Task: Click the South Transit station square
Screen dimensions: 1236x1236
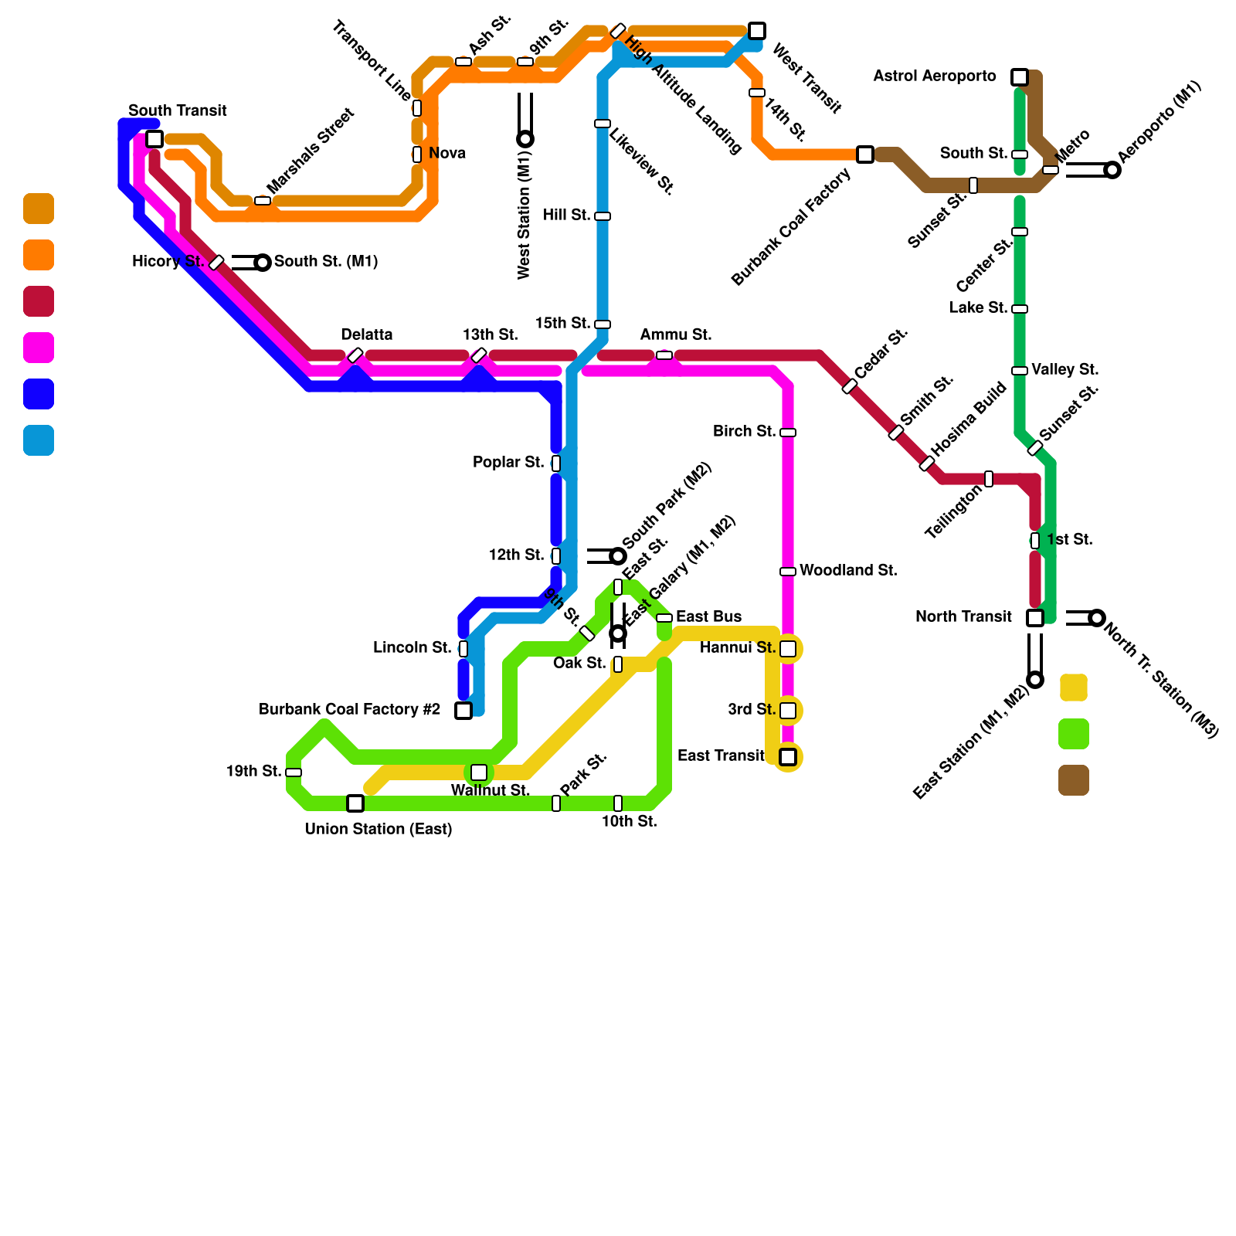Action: click(154, 139)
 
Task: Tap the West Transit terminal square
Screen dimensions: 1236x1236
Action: click(757, 31)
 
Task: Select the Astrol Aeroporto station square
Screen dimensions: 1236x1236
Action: click(1020, 77)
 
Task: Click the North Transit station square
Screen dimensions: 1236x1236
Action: click(1035, 618)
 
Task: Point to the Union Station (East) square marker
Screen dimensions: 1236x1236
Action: click(355, 803)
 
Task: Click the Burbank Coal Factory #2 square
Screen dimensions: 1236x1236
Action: click(463, 711)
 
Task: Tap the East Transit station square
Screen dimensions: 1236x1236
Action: click(788, 757)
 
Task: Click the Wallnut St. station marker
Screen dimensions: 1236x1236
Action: click(479, 772)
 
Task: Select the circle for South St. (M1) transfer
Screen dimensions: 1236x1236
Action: click(263, 263)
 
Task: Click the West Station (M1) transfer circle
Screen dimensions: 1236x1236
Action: click(525, 139)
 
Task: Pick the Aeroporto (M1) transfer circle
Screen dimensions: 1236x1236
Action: click(1112, 170)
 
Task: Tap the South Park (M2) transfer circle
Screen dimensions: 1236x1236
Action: click(618, 556)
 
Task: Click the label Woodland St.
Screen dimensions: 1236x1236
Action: click(848, 571)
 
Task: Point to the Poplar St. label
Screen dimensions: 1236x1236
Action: click(508, 463)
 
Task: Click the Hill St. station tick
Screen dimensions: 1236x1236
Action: click(603, 216)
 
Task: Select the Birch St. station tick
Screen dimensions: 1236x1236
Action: click(788, 433)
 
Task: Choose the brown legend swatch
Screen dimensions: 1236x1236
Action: click(1074, 780)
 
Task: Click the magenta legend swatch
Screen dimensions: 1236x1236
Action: click(39, 348)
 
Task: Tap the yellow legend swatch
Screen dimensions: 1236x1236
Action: click(1074, 688)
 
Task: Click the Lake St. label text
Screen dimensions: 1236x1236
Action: click(978, 308)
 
